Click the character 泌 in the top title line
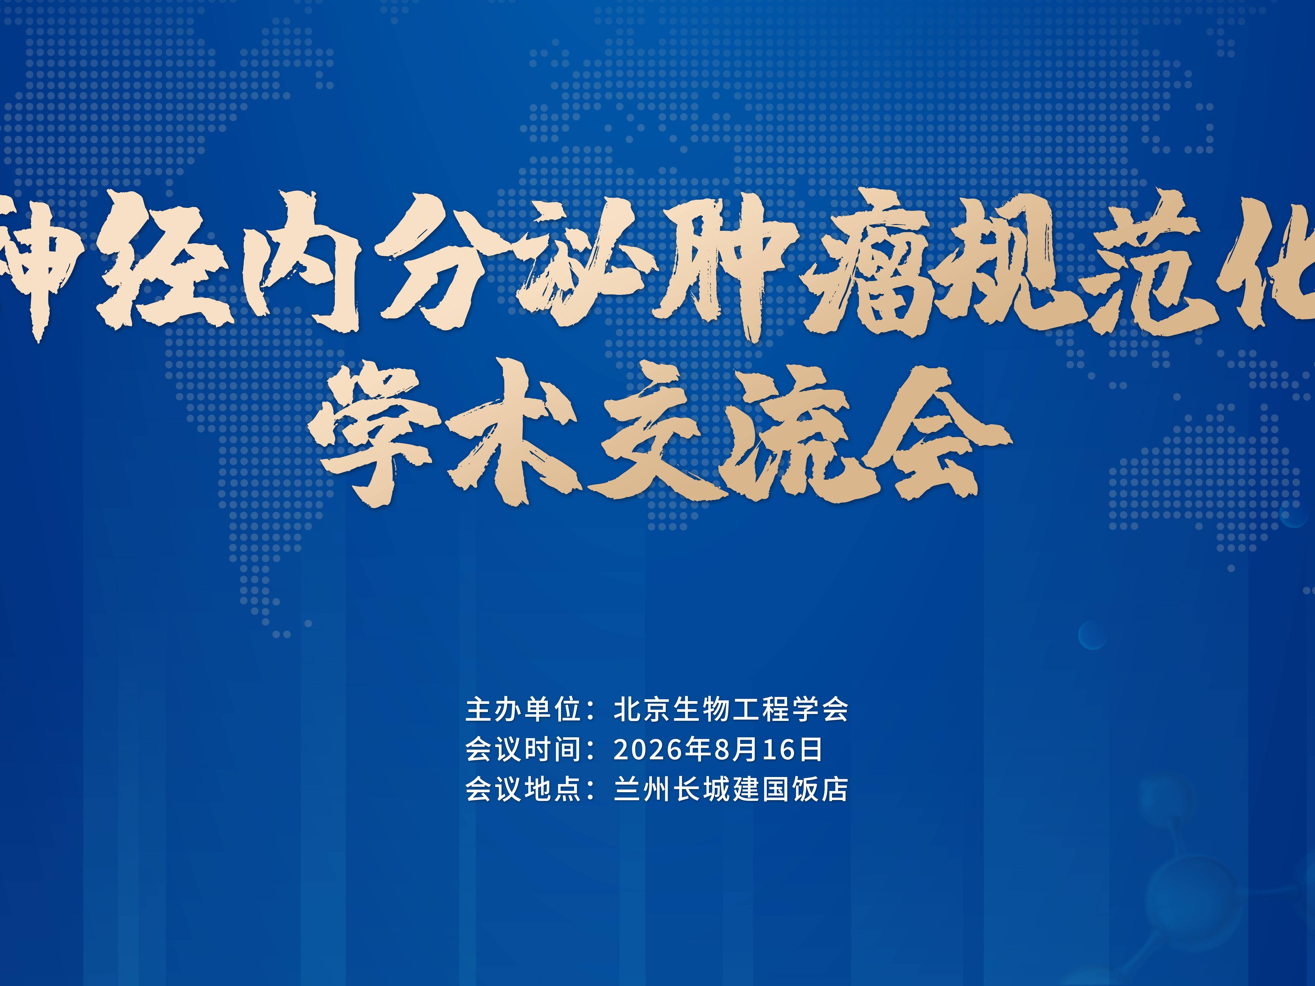tap(585, 262)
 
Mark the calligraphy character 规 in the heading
tap(1011, 262)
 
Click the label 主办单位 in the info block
tap(523, 710)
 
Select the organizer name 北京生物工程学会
tap(731, 710)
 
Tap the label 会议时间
tap(523, 749)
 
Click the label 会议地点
tap(523, 789)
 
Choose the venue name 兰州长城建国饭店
tap(731, 789)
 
